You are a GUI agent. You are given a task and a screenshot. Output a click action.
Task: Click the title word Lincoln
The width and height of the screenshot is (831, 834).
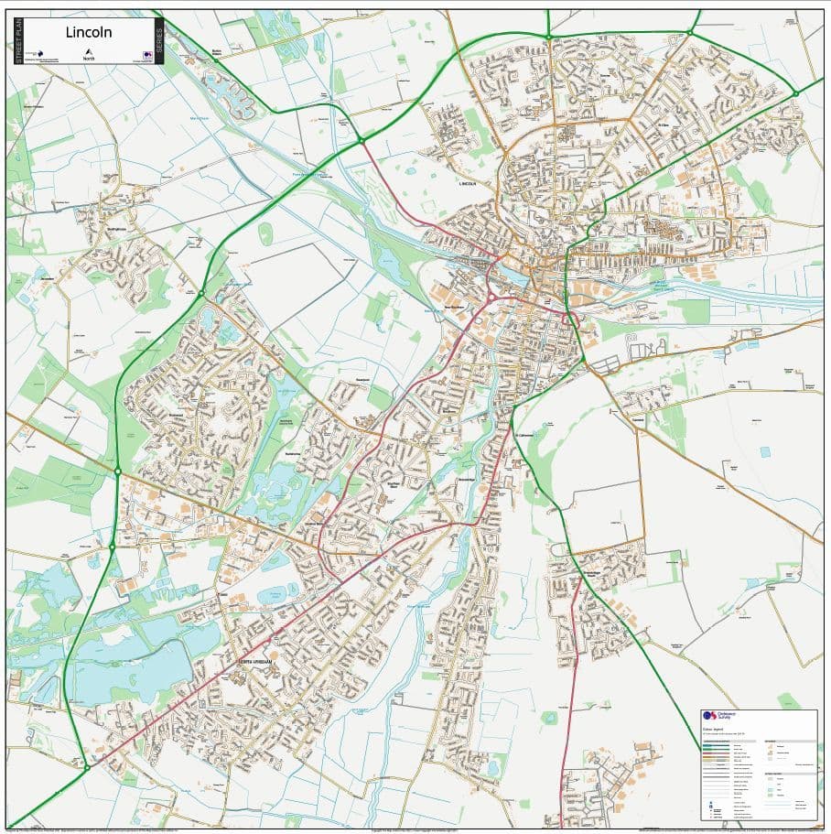[x=90, y=32]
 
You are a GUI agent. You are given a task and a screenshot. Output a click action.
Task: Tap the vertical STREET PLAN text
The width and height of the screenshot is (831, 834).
[x=16, y=41]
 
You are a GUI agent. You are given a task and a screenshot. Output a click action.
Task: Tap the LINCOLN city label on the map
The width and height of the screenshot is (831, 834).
[x=469, y=183]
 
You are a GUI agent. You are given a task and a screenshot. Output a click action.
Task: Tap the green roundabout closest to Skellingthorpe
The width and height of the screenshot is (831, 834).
[x=201, y=293]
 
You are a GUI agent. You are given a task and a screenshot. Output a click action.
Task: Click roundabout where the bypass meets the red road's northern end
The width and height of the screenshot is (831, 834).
[x=362, y=140]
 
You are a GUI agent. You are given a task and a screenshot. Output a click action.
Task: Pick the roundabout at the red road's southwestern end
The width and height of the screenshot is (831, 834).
[x=87, y=767]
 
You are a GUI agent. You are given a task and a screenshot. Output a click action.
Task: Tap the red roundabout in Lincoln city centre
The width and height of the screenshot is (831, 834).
[x=491, y=298]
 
